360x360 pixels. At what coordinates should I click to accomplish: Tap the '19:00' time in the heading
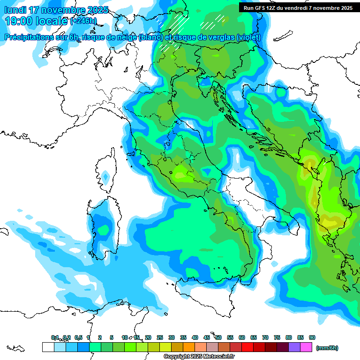[x=18, y=21]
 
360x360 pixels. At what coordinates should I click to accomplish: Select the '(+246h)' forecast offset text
[x=83, y=21]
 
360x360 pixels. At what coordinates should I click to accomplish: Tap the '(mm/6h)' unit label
[x=327, y=348]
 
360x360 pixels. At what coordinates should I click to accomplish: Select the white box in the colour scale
[x=48, y=347]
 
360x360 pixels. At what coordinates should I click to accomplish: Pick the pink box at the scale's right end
[x=306, y=347]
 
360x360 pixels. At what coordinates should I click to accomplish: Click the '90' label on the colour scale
[x=312, y=337]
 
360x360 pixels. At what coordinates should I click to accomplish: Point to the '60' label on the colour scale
[x=242, y=337]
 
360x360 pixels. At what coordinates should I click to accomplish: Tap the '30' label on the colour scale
[x=172, y=337]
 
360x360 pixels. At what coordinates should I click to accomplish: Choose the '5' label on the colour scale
[x=112, y=337]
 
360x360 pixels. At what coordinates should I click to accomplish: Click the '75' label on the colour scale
[x=277, y=337]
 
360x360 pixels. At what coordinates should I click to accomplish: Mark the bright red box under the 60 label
[x=247, y=347]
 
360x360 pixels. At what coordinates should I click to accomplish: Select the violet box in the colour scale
[x=294, y=347]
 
